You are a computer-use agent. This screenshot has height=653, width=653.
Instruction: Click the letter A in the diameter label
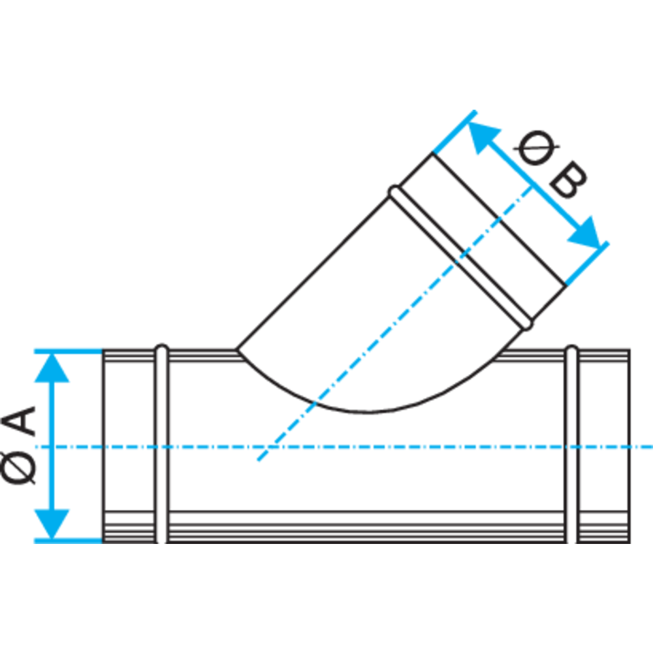point(19,421)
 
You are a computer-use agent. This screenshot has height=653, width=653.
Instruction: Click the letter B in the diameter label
point(568,180)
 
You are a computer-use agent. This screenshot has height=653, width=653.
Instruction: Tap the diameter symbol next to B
point(536,148)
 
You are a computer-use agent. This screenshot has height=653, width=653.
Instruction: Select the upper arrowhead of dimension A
point(52,367)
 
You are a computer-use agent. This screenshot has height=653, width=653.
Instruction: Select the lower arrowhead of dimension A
point(52,524)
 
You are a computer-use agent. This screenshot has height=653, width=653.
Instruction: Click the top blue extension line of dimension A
point(69,352)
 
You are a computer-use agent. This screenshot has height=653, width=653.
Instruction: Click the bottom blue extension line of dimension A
point(69,541)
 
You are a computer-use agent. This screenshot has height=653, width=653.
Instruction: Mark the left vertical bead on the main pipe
point(161,444)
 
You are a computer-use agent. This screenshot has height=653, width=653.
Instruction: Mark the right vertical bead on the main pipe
point(572,444)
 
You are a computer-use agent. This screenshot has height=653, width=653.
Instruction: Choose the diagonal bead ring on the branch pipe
point(460,258)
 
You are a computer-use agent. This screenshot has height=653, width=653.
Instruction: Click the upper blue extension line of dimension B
point(454,132)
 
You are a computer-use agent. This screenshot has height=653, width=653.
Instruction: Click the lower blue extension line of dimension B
point(587,263)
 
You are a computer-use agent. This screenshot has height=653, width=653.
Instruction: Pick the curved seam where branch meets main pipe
point(366,412)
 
